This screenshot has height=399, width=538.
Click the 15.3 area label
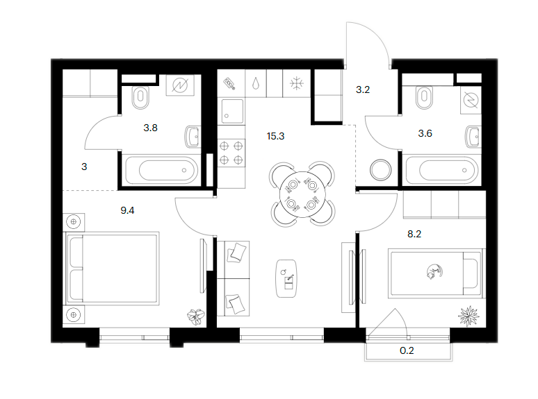[x=275, y=136]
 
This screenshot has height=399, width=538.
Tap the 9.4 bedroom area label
[x=127, y=210]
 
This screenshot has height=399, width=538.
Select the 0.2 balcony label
[x=407, y=350]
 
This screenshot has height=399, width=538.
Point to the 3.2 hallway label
[x=363, y=90]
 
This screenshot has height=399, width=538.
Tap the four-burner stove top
[x=231, y=153]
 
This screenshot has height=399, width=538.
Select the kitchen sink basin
[x=232, y=110]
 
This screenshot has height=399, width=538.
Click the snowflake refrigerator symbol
[x=296, y=83]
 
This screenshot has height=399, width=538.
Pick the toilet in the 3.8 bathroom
[x=140, y=97]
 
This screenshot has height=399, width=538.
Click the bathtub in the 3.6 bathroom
[x=441, y=170]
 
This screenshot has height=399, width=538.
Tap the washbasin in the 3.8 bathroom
[x=193, y=137]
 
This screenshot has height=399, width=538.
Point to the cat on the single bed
[x=434, y=271]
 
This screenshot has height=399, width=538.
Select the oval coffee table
[x=286, y=278]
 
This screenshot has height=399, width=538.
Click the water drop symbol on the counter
[x=256, y=83]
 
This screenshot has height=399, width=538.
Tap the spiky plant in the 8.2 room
[x=468, y=316]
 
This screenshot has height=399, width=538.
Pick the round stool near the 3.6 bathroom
[x=380, y=170]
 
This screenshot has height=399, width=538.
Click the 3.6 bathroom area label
[x=425, y=133]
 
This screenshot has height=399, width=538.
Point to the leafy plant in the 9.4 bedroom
[x=196, y=316]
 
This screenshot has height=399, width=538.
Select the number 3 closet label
[x=84, y=167]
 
